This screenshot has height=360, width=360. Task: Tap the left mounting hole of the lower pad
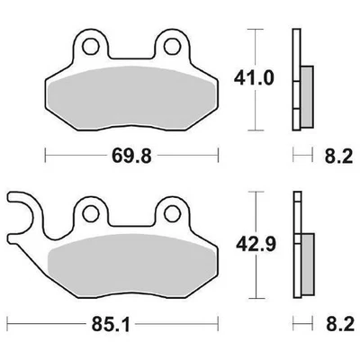click(x=91, y=212)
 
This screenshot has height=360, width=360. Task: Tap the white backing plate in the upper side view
click(x=294, y=54)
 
